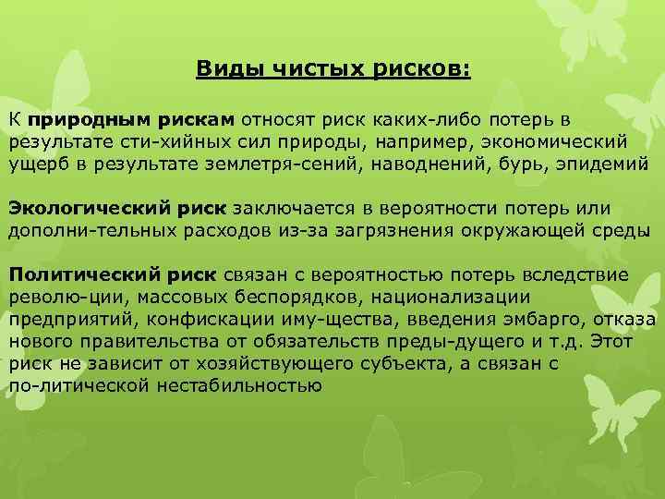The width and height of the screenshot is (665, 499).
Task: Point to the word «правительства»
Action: pos(138,340)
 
